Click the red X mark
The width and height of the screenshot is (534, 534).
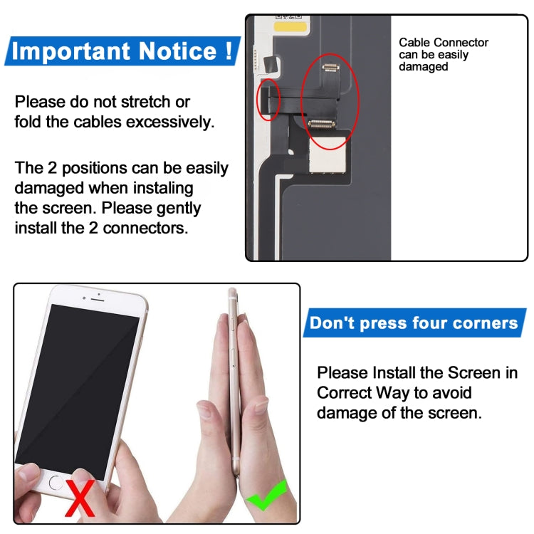coord(80,498)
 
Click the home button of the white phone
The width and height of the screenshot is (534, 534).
coord(56,482)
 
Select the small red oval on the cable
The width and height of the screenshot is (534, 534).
coord(268,100)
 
